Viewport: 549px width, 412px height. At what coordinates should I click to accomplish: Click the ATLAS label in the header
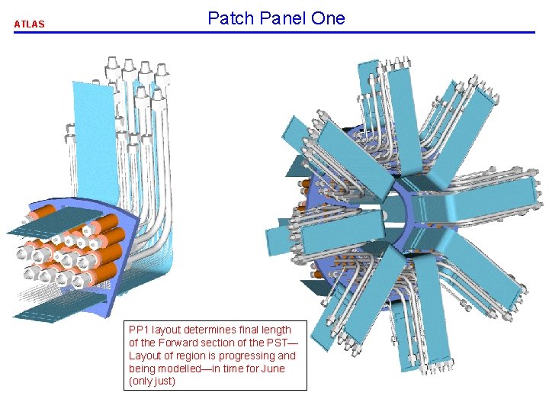click(x=29, y=24)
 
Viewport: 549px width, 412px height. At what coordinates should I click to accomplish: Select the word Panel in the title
click(x=282, y=18)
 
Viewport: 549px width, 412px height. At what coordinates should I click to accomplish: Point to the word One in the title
click(x=328, y=18)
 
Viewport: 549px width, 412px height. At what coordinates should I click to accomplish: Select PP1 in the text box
click(x=140, y=330)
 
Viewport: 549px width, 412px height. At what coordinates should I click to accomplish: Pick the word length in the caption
click(x=276, y=330)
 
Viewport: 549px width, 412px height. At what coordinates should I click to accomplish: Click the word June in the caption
click(x=271, y=369)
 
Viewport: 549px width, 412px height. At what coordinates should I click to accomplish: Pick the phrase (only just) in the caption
click(x=152, y=381)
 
